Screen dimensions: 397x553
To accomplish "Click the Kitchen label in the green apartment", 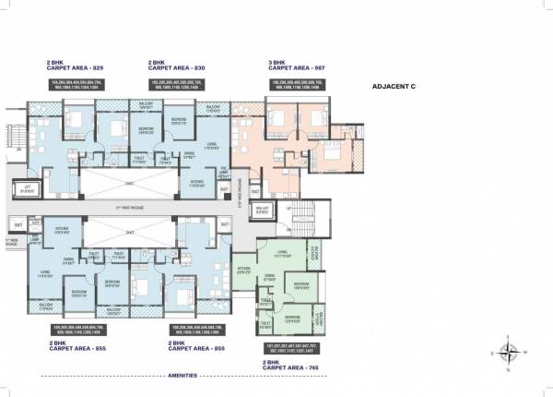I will click(x=244, y=271).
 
